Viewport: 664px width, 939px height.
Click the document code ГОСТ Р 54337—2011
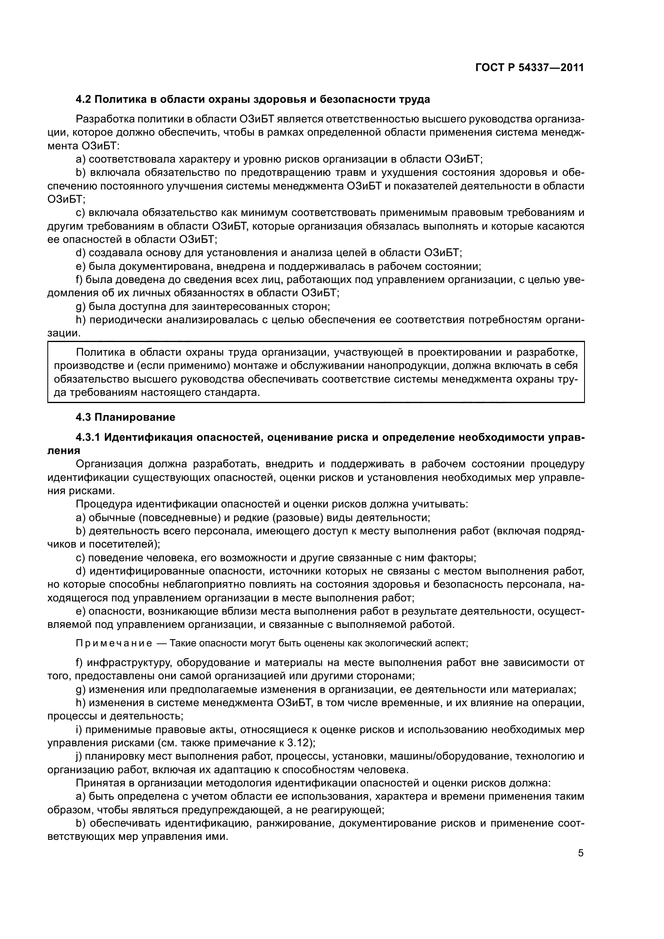pos(530,68)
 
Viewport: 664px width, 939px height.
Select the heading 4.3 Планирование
pos(125,417)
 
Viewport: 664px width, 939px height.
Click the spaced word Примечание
pos(114,643)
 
